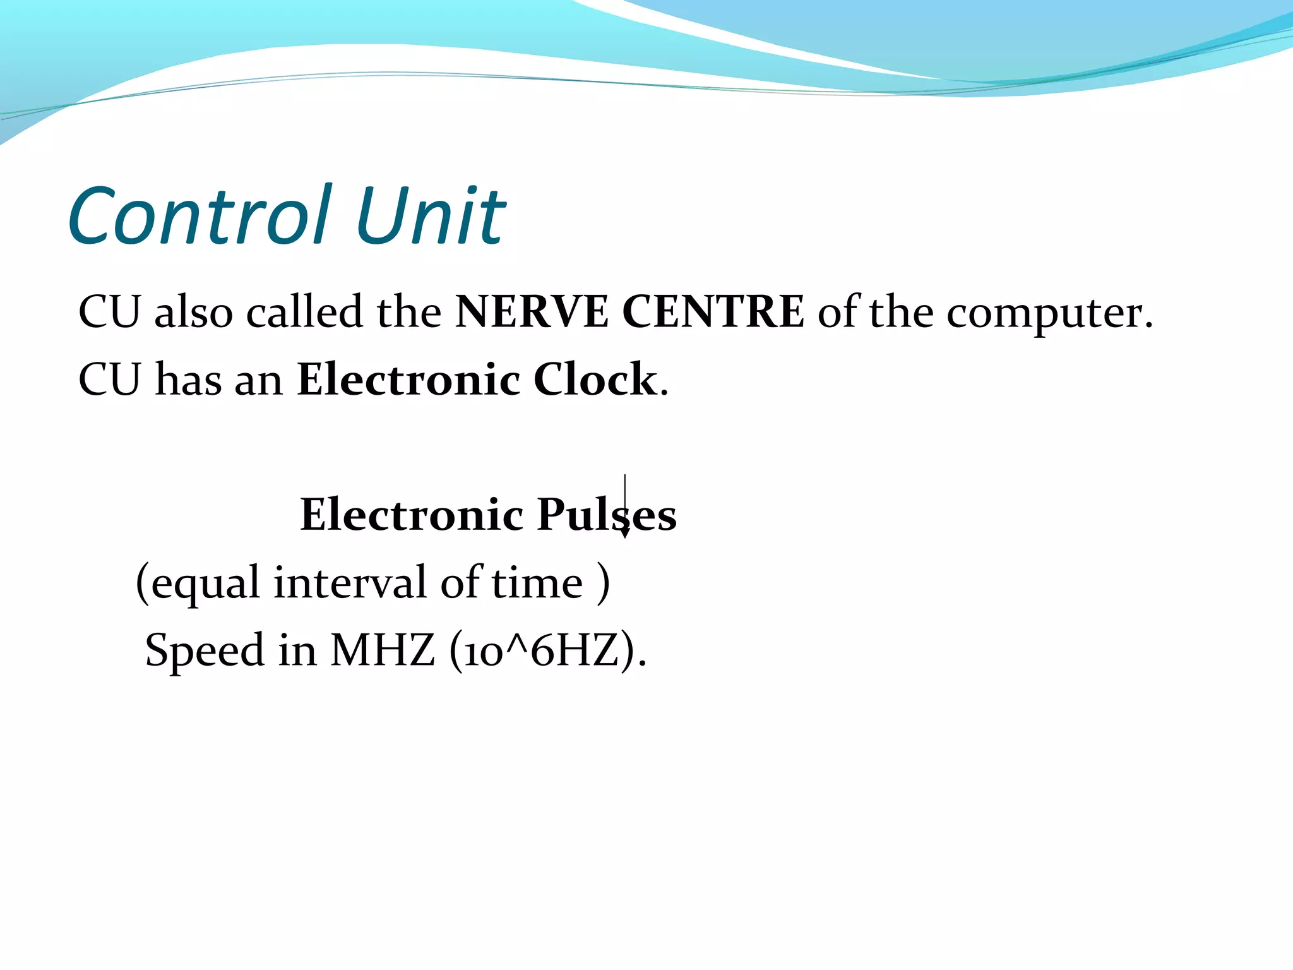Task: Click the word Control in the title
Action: point(199,216)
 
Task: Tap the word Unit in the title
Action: point(431,216)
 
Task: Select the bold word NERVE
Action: point(532,312)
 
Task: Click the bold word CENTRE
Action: point(713,312)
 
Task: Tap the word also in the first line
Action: point(194,312)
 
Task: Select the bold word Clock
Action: point(595,380)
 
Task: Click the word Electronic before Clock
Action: point(408,380)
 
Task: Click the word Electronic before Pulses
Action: point(412,515)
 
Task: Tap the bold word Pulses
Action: point(607,515)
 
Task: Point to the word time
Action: point(537,582)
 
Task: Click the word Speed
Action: point(205,651)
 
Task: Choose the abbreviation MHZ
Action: point(383,650)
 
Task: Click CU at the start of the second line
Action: point(109,380)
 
